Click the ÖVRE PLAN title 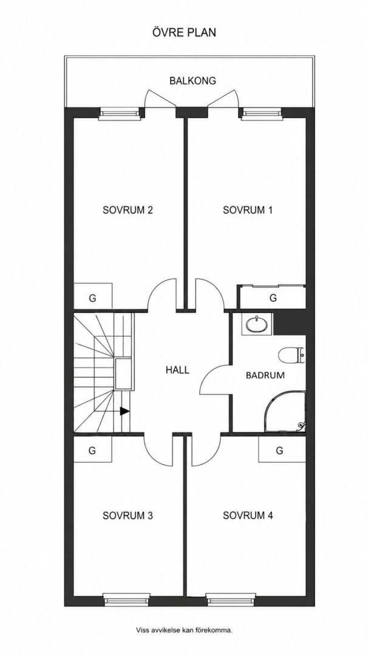184,32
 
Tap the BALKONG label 192,81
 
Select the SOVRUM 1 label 248,210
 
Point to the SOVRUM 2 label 127,210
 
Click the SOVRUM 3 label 127,516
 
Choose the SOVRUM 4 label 248,516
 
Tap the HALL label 177,370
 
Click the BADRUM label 265,375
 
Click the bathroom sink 257,324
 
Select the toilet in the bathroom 292,355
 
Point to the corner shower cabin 285,411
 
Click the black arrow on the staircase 124,411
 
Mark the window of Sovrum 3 127,599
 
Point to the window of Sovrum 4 231,599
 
